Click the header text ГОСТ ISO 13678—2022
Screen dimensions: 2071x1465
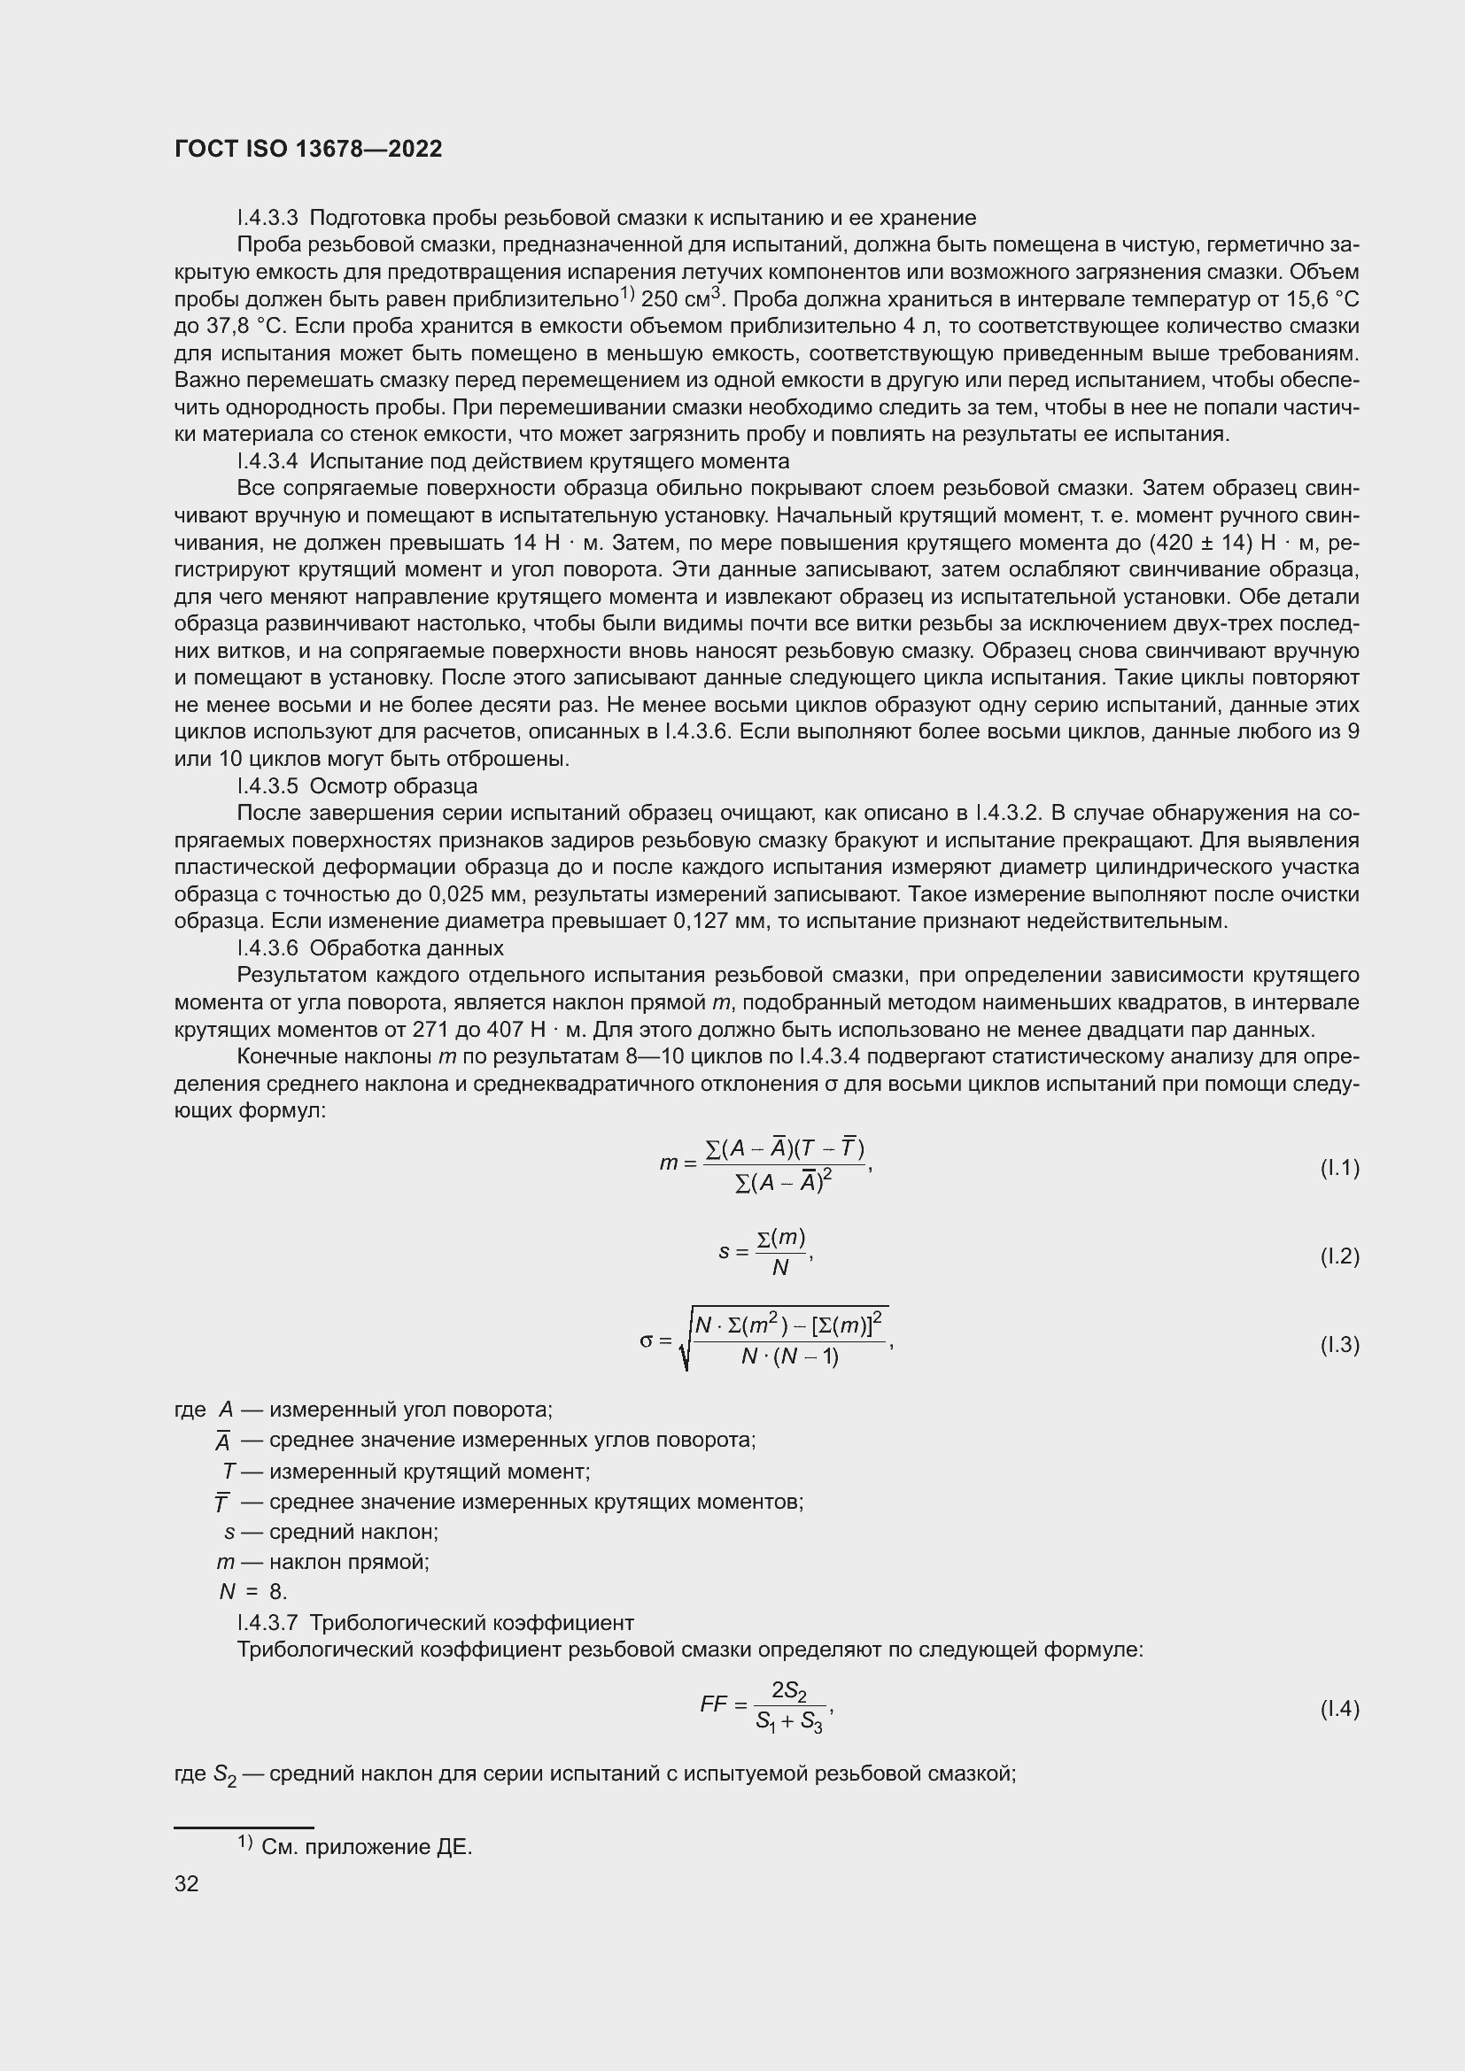pyautogui.click(x=308, y=149)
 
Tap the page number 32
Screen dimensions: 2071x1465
pyautogui.click(x=187, y=1883)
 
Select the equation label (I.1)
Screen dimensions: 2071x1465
pyautogui.click(x=1338, y=1168)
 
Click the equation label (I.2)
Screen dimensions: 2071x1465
pyautogui.click(x=1338, y=1256)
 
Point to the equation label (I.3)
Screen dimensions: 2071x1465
pyautogui.click(x=1338, y=1345)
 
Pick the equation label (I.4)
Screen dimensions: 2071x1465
pyautogui.click(x=1338, y=1708)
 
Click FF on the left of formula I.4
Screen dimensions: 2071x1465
pyautogui.click(x=714, y=1704)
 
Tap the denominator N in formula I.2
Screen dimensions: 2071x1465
pyautogui.click(x=780, y=1268)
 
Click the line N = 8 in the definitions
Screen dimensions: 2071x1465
pyautogui.click(x=252, y=1592)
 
